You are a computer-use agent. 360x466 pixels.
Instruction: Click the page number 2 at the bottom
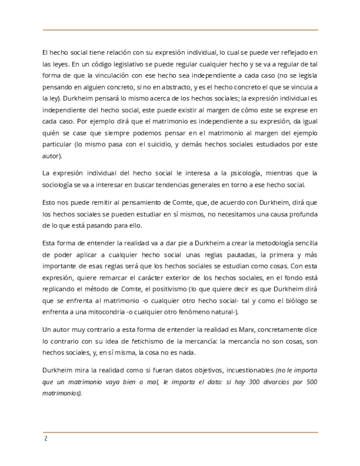point(46,439)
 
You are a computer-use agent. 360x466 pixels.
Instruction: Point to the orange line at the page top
point(180,30)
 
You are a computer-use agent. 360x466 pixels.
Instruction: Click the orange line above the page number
point(180,432)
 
